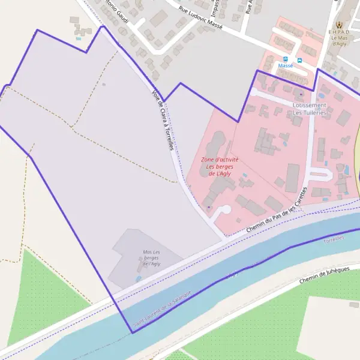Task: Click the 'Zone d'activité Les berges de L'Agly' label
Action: (x=220, y=167)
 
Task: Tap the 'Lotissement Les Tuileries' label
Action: (x=310, y=109)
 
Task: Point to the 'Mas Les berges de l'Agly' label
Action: (x=151, y=257)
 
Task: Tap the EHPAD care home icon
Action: (x=340, y=25)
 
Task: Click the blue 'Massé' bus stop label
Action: (x=286, y=65)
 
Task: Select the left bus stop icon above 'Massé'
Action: (x=283, y=59)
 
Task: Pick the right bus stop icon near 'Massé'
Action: (x=299, y=60)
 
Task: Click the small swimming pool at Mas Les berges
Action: (x=139, y=278)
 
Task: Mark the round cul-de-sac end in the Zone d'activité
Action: (x=226, y=211)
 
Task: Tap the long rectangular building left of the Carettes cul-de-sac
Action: (x=293, y=178)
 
